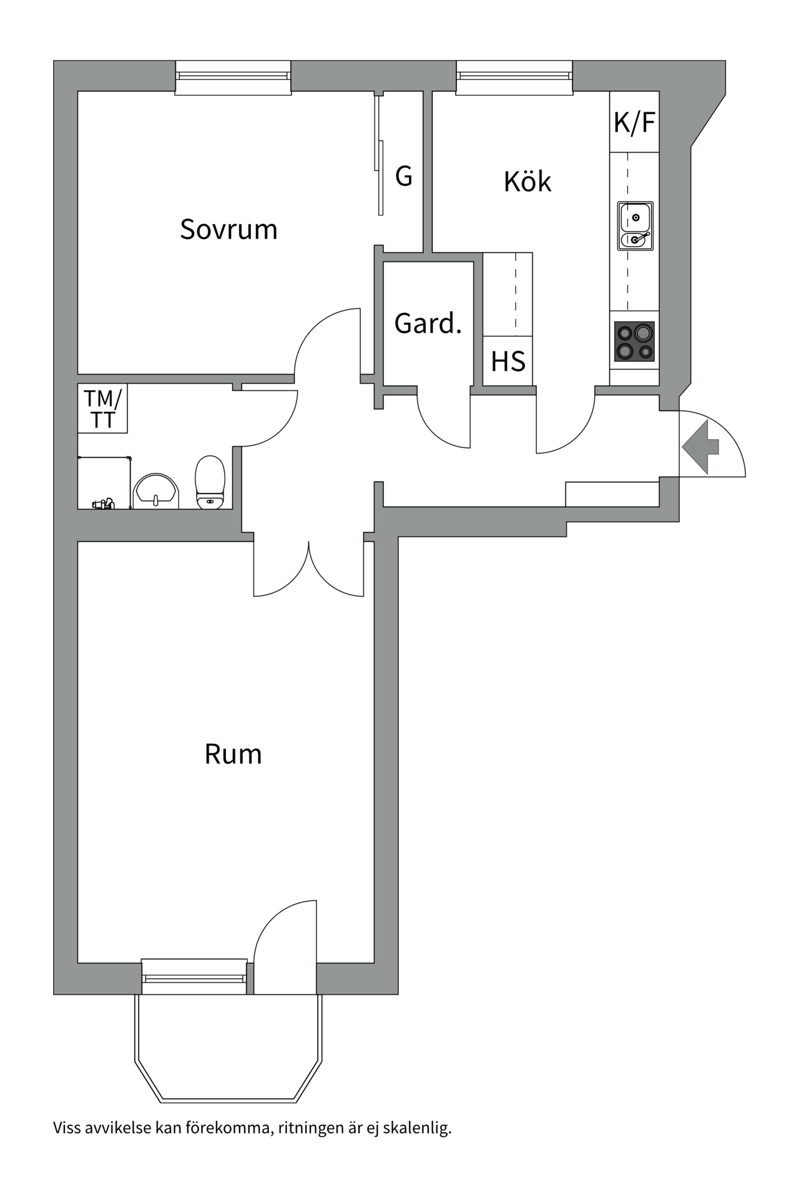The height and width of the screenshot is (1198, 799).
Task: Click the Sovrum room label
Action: point(228,230)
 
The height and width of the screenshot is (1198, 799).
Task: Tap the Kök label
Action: point(527,182)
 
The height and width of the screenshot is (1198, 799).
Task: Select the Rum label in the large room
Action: point(233,754)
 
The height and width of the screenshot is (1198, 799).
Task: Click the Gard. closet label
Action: point(428,323)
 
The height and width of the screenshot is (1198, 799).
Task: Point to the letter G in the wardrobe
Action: point(404,177)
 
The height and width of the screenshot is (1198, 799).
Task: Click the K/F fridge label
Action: point(634,122)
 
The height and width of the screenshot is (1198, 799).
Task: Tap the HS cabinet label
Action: point(507,362)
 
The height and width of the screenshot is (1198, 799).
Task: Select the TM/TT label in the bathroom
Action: point(103,409)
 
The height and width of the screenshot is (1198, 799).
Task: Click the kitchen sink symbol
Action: point(635,226)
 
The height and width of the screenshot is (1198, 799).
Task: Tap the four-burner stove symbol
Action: point(634,341)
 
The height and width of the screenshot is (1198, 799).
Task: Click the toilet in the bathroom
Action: point(210,482)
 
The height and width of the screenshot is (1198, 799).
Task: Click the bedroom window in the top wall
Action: point(233,77)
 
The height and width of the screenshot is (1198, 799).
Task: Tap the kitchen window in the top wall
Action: point(514,77)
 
